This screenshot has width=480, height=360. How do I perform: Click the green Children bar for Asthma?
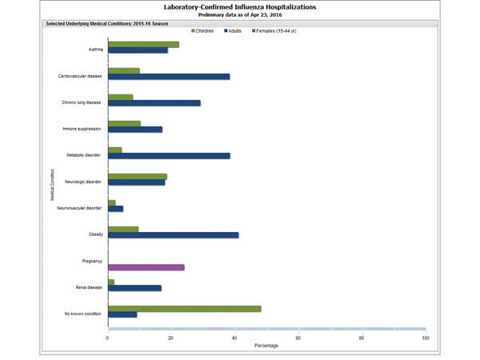143,44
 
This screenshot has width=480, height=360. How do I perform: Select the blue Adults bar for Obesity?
173,235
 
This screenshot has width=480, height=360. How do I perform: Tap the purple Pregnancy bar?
146,267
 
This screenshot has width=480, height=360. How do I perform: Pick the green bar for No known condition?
184,308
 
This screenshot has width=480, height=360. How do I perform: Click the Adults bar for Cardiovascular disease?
169,77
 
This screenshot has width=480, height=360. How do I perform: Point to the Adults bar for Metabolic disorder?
169,156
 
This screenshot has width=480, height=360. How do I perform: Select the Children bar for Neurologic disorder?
137,176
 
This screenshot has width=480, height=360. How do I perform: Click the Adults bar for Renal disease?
134,288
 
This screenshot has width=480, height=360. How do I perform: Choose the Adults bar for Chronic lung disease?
154,103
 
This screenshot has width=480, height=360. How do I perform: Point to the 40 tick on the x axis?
234,338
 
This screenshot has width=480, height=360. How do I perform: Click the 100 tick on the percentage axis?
425,338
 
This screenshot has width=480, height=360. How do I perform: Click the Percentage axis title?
266,346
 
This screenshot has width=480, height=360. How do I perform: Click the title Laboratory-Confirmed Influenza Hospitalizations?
240,7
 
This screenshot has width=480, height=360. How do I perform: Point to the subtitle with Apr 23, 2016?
240,15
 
